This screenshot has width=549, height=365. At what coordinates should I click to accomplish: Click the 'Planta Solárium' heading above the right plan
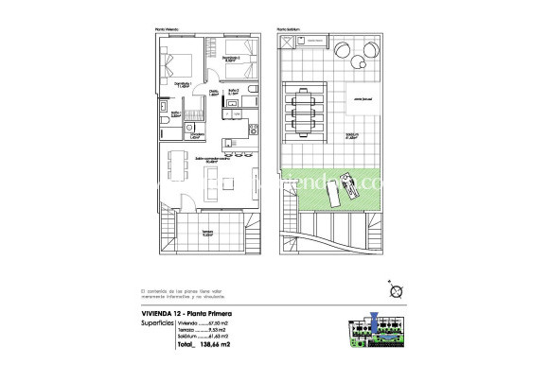click(x=289, y=29)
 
